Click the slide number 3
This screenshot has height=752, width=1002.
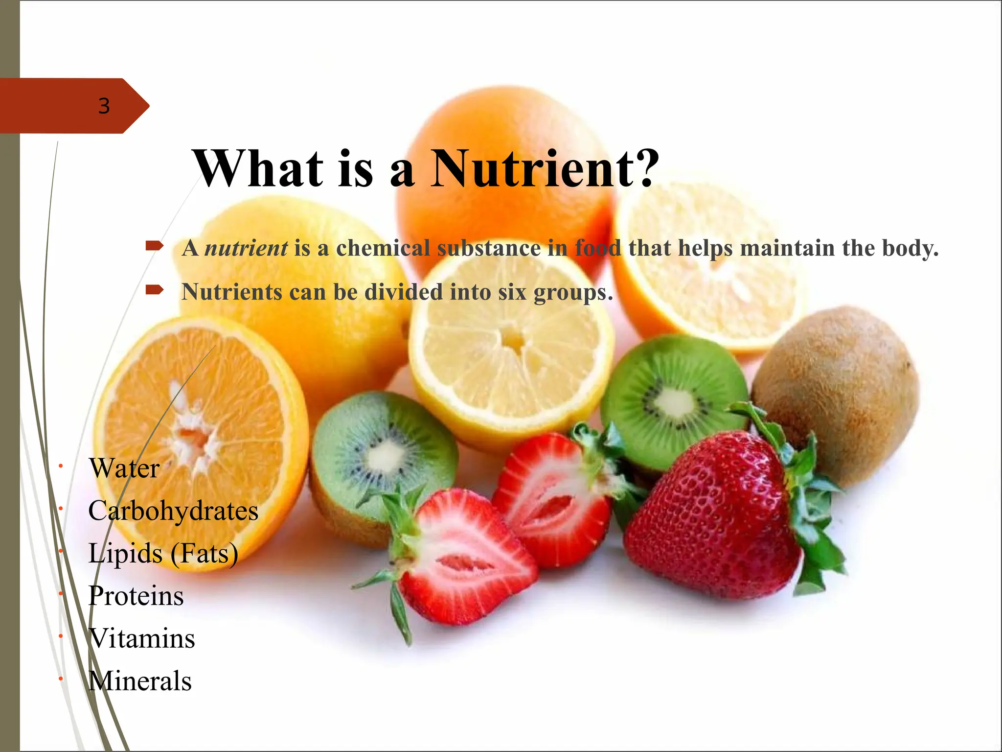[104, 106]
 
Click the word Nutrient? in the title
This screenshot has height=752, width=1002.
[544, 169]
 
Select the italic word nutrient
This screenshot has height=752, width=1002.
[246, 248]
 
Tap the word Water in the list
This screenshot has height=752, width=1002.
[124, 469]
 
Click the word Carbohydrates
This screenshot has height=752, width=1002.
[173, 511]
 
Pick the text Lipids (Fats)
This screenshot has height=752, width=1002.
[163, 554]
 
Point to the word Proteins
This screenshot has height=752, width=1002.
[136, 596]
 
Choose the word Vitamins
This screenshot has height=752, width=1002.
[142, 639]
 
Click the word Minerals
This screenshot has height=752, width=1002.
[140, 681]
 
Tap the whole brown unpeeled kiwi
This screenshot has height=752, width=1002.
[837, 392]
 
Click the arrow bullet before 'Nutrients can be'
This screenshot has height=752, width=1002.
[154, 290]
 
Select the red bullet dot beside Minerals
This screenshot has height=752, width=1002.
[60, 679]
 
